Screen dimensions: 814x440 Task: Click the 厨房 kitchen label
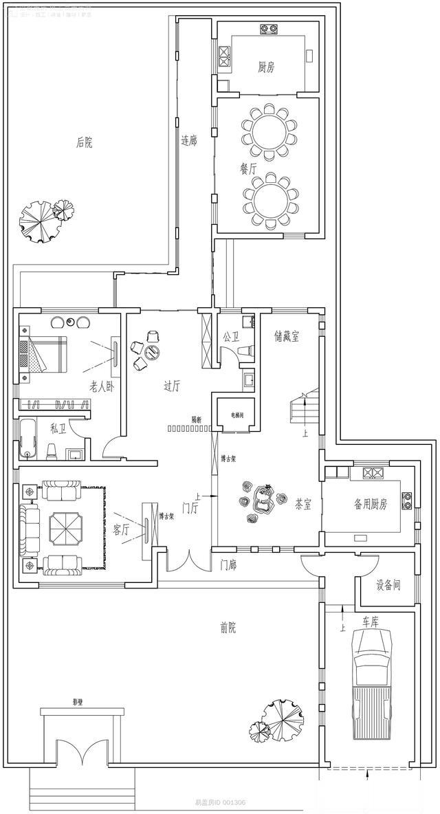click(x=267, y=67)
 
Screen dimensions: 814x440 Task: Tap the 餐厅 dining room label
click(x=248, y=167)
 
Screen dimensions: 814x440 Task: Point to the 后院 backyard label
click(x=84, y=143)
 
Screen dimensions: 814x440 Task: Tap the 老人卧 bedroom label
click(x=101, y=387)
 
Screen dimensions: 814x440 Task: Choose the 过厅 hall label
click(x=172, y=386)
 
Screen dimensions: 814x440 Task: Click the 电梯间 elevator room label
click(x=237, y=416)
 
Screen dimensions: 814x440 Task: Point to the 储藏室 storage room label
click(x=287, y=337)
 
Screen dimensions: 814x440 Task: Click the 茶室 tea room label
click(x=303, y=505)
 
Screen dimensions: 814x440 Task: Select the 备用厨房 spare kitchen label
click(x=371, y=505)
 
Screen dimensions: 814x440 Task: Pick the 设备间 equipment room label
click(x=388, y=586)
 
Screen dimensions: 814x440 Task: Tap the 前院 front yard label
click(x=228, y=627)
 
